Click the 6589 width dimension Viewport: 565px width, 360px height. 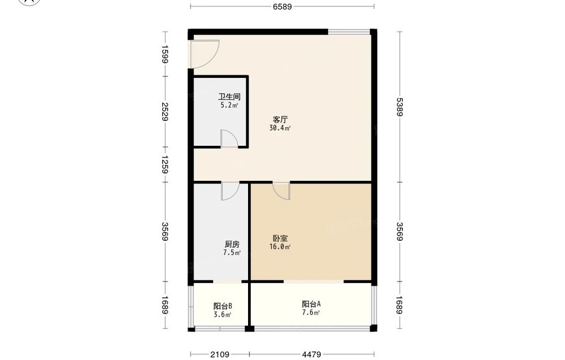(282, 6)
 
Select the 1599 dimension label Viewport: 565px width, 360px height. (164, 54)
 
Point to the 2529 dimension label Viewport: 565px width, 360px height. (164, 112)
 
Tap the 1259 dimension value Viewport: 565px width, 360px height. (164, 164)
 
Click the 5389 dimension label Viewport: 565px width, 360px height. (399, 107)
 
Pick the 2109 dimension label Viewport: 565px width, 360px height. (220, 354)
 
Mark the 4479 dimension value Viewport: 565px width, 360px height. (312, 354)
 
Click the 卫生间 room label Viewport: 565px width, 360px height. (229, 97)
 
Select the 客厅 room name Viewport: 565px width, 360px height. (280, 119)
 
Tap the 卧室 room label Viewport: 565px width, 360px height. (280, 238)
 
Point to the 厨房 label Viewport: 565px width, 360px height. (232, 244)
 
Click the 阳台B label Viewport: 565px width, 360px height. (223, 306)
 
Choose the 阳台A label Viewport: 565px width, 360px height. (311, 304)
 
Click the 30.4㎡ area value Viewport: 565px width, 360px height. (280, 128)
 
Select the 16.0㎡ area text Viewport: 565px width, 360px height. (280, 247)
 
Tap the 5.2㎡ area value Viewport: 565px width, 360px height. (229, 105)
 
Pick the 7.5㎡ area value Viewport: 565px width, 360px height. (232, 253)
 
